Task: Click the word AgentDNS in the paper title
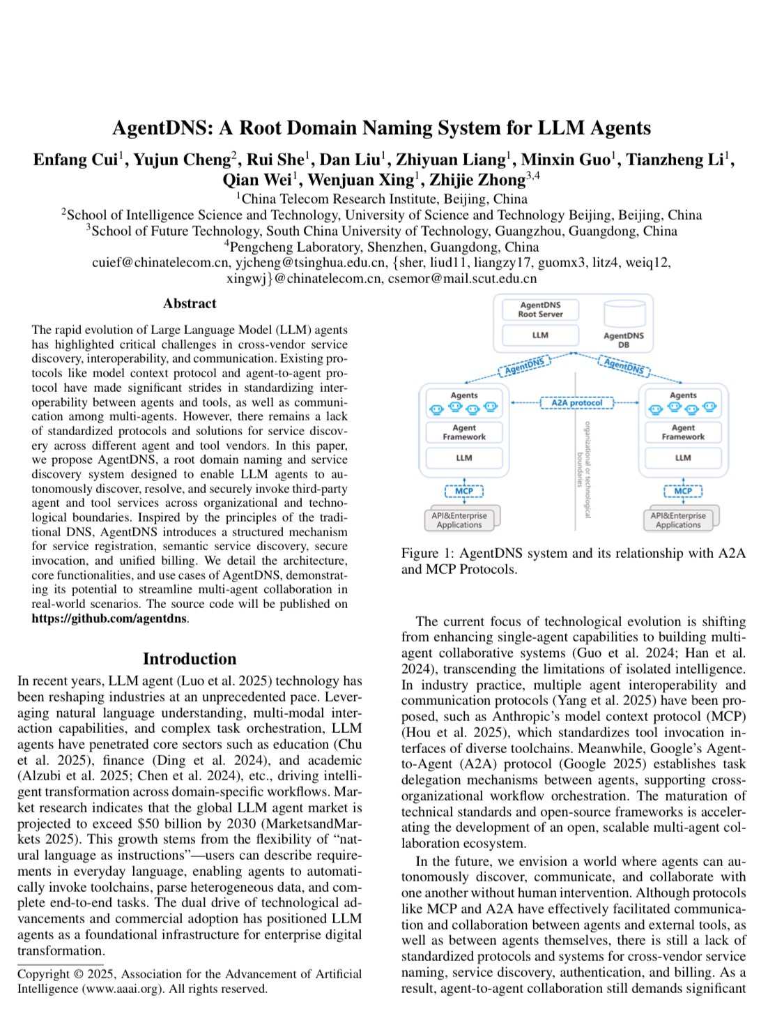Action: [x=162, y=128]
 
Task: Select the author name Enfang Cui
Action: [x=75, y=160]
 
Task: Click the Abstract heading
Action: [x=190, y=303]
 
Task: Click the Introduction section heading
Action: [x=190, y=659]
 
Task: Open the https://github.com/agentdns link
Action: [x=109, y=619]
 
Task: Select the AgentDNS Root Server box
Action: [x=540, y=310]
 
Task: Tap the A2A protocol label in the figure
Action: [x=576, y=403]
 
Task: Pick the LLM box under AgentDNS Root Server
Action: [x=540, y=335]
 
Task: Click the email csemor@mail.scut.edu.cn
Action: [x=462, y=278]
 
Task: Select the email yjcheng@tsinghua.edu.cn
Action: [x=311, y=262]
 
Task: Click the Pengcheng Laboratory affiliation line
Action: [x=383, y=247]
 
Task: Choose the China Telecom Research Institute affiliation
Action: [x=383, y=199]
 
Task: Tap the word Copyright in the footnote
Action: [x=43, y=974]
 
